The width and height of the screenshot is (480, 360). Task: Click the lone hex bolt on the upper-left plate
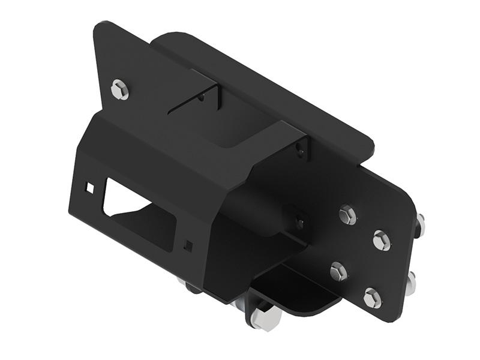(120, 90)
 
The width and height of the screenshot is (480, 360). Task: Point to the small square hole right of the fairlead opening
(189, 245)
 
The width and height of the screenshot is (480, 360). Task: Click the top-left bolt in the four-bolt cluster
(347, 215)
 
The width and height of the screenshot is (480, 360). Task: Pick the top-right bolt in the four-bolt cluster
(382, 240)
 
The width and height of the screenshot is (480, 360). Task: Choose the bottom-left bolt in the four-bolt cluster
(338, 272)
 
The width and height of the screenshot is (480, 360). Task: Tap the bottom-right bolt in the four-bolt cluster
(372, 298)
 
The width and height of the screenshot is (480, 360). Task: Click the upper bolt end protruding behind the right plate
(419, 225)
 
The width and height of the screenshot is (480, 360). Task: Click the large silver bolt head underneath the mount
(262, 319)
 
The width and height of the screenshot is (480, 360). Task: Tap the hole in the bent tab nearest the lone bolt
(206, 96)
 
